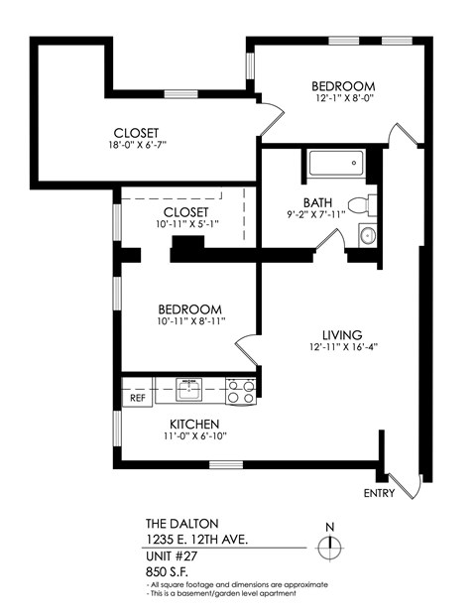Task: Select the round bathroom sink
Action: (366, 236)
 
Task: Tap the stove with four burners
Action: (240, 391)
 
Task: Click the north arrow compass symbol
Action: (330, 546)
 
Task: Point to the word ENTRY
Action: (380, 493)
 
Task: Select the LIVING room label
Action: (341, 334)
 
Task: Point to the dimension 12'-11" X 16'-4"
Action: (341, 348)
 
